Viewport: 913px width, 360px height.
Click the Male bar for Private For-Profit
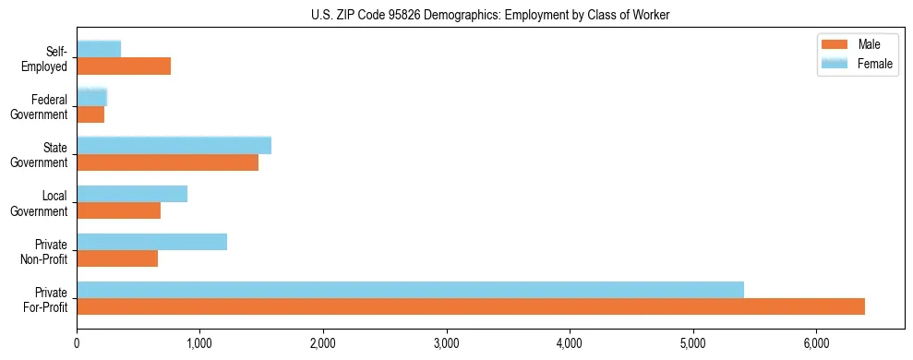click(x=471, y=306)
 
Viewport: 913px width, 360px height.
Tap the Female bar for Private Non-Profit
click(x=151, y=242)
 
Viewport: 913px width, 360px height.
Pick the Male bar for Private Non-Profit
click(x=117, y=258)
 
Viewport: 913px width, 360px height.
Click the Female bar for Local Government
click(x=132, y=194)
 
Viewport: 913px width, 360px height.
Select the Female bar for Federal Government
click(x=91, y=97)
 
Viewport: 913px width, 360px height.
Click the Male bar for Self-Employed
click(x=124, y=66)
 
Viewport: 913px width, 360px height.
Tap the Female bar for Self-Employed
click(x=99, y=50)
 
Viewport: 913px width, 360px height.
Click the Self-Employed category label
click(x=46, y=59)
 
